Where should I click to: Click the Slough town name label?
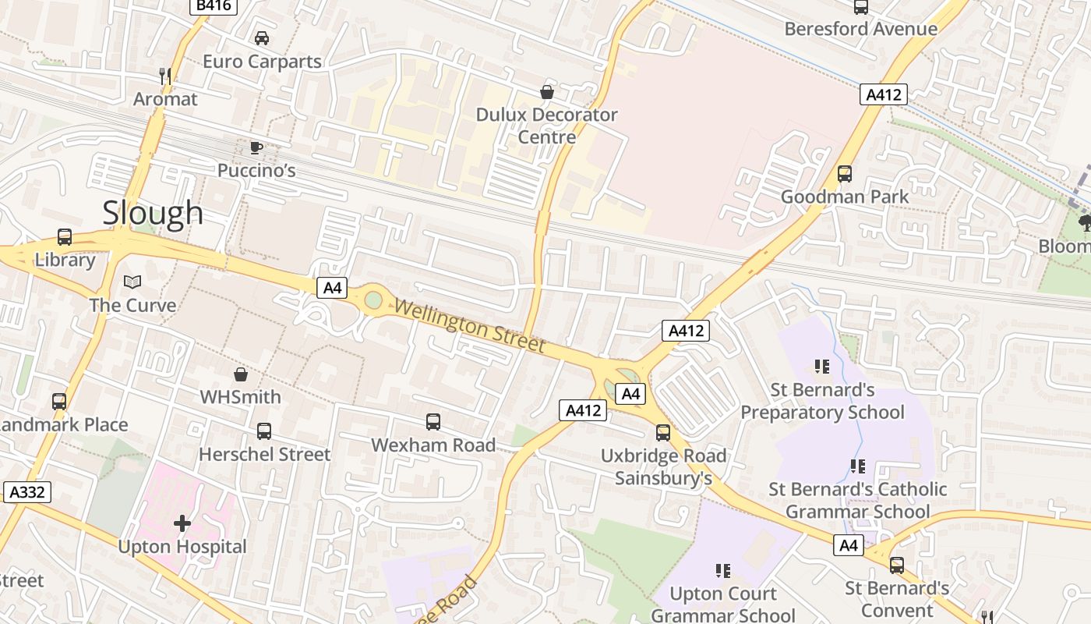(x=153, y=213)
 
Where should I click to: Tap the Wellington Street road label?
(x=469, y=324)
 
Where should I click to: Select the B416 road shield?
(x=213, y=6)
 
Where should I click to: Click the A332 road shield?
(x=26, y=492)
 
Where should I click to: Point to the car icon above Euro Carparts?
(x=262, y=38)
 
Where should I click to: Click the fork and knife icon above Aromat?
(x=165, y=76)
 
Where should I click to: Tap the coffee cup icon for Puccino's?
(x=256, y=147)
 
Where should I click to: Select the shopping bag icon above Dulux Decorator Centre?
(x=547, y=92)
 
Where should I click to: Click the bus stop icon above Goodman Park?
(x=845, y=174)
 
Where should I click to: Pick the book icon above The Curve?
(x=132, y=282)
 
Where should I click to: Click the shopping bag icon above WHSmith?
(x=241, y=374)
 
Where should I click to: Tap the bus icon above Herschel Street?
(x=264, y=431)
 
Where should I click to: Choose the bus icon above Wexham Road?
(x=433, y=422)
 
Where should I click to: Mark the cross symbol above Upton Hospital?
(x=182, y=523)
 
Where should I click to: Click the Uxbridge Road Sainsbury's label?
(x=663, y=466)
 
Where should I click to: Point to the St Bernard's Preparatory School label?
(x=822, y=401)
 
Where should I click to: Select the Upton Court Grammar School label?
(x=723, y=604)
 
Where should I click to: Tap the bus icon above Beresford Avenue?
(x=861, y=7)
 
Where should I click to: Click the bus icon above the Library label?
(x=65, y=237)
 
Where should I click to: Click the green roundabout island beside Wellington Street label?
(x=373, y=300)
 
